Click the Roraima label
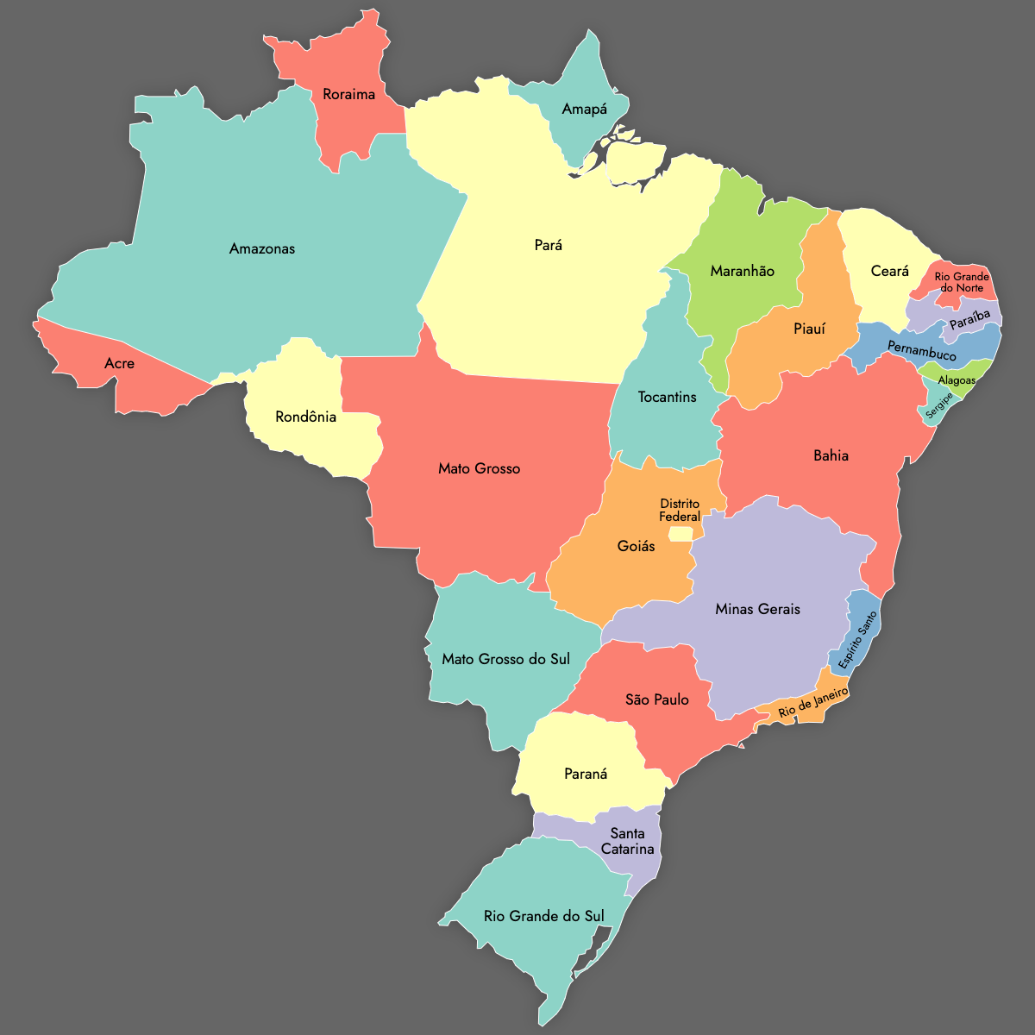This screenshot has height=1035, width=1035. (348, 94)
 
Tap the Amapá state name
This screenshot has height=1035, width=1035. (584, 110)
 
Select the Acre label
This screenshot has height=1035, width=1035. (119, 364)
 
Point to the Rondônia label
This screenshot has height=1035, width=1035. (305, 417)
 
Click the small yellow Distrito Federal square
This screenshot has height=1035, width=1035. (680, 534)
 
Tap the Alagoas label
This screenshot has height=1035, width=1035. (957, 380)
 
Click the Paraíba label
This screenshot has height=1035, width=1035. (969, 321)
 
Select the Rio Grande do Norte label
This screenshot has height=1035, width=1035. (962, 282)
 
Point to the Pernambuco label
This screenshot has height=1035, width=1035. (921, 351)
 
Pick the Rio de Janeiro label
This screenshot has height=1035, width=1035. (812, 703)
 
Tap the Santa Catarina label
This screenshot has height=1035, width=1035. (627, 841)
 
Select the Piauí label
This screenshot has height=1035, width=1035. (809, 329)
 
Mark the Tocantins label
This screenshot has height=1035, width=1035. (667, 398)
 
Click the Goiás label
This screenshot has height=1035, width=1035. (636, 546)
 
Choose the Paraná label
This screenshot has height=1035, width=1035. (586, 774)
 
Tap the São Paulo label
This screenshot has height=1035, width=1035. (657, 699)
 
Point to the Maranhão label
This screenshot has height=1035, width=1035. (742, 271)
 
